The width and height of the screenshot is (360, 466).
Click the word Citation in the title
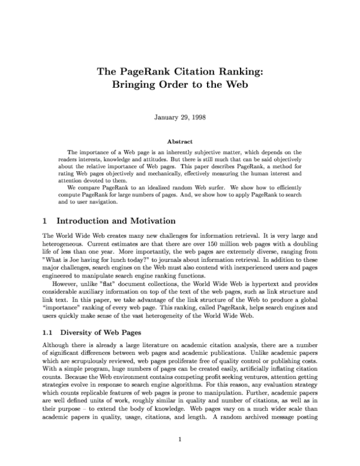(x=179, y=71)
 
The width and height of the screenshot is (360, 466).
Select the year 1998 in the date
(x=197, y=116)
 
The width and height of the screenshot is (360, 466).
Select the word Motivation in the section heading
(x=149, y=222)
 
